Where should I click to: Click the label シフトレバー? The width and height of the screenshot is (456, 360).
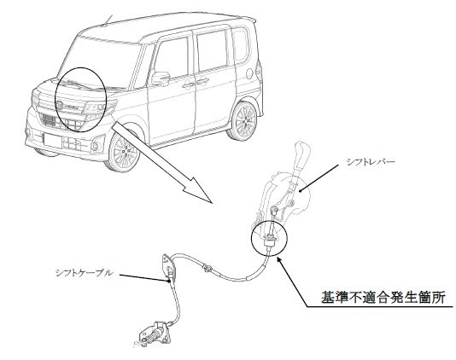(x=371, y=162)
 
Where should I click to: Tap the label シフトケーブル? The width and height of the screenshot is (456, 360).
(x=84, y=273)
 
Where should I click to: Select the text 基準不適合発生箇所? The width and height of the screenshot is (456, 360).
(x=383, y=298)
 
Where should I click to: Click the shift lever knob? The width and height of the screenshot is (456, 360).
(x=301, y=154)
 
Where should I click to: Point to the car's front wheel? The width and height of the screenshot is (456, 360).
(x=125, y=151)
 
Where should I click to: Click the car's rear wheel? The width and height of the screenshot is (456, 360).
(x=243, y=120)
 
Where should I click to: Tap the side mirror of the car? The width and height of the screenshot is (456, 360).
(x=161, y=78)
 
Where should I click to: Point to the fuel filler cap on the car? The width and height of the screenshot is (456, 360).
(x=249, y=73)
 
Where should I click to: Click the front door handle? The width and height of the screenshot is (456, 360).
(x=188, y=85)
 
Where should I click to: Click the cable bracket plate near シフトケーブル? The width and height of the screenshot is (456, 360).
(x=168, y=266)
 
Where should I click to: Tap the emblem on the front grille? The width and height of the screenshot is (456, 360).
(x=61, y=105)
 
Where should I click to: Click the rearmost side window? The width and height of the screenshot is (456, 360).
(x=240, y=45)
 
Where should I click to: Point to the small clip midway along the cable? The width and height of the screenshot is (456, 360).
(x=208, y=267)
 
